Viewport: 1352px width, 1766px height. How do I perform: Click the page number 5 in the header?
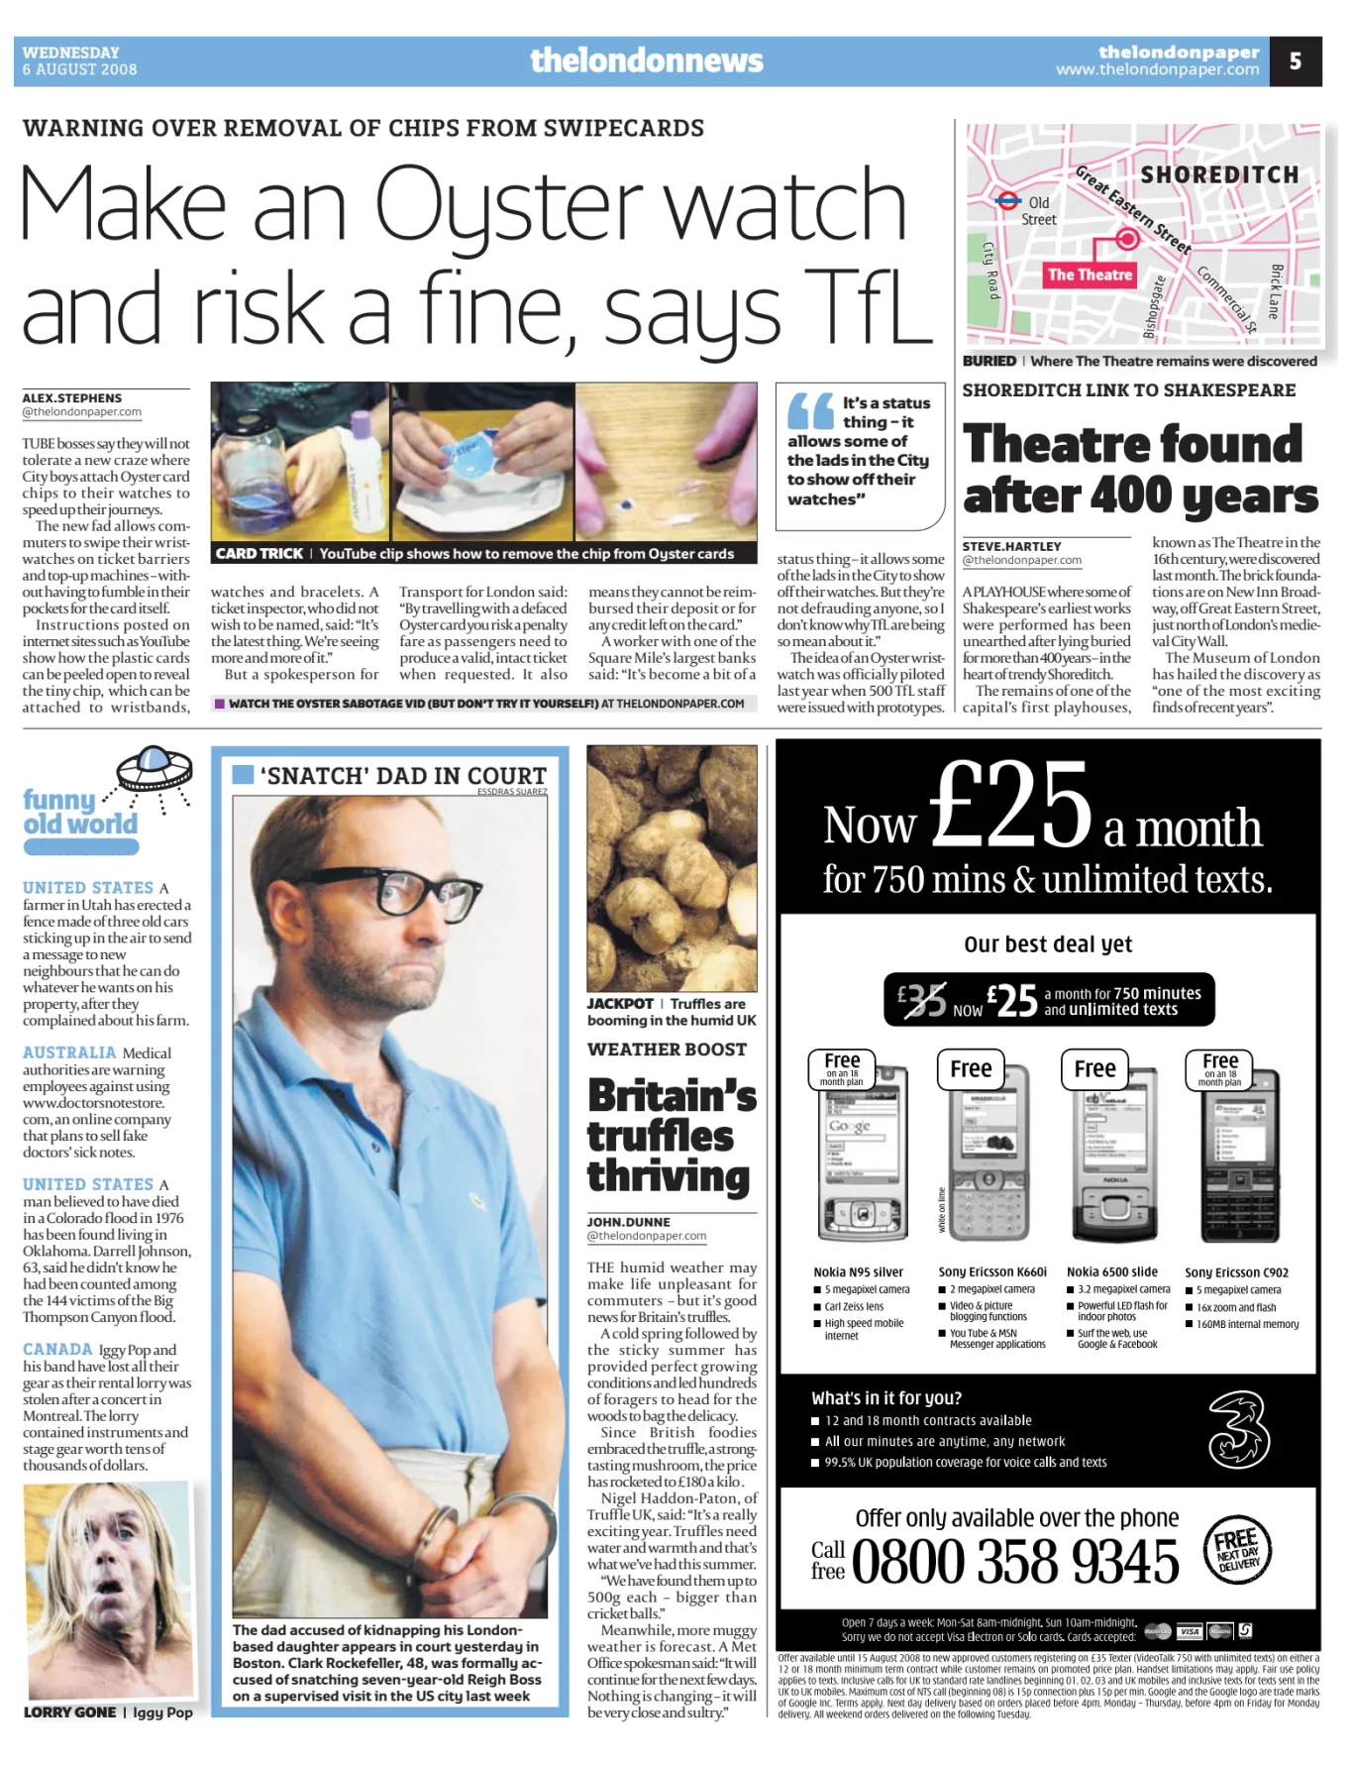tap(1295, 61)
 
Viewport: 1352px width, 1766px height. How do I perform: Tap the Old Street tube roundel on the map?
tap(1007, 200)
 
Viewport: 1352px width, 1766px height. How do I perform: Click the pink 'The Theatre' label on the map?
tap(1090, 275)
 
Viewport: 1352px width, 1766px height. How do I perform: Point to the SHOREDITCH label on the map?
tap(1219, 175)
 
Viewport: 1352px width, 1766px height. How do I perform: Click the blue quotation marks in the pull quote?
tap(810, 410)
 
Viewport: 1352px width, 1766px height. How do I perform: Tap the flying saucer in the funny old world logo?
tap(155, 767)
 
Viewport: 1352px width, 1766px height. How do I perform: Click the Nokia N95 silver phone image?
tap(863, 1154)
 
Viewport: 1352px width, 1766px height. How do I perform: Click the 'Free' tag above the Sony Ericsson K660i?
tap(971, 1068)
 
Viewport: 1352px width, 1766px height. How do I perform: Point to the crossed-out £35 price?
tap(921, 1001)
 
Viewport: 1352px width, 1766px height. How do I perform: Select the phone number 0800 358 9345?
tap(1014, 1563)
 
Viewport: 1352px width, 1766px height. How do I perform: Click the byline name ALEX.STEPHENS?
tap(72, 397)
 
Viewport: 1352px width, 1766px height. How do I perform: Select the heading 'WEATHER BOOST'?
tap(667, 1049)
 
